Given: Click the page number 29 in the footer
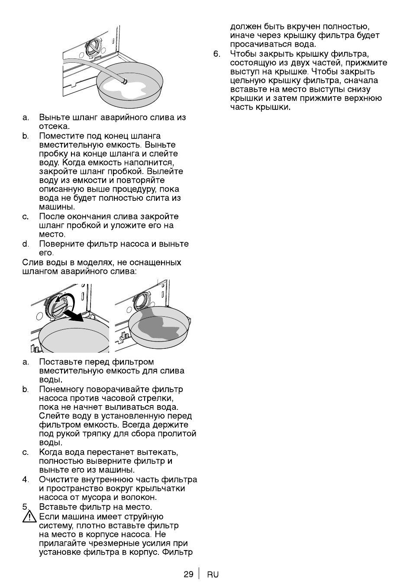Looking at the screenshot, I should [188, 574].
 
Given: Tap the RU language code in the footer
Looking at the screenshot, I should [213, 575].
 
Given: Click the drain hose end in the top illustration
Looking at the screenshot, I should [124, 81].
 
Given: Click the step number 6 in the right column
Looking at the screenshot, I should [217, 54].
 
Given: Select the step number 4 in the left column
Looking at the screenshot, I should [26, 480].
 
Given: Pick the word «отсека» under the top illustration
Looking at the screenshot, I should [53, 126].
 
